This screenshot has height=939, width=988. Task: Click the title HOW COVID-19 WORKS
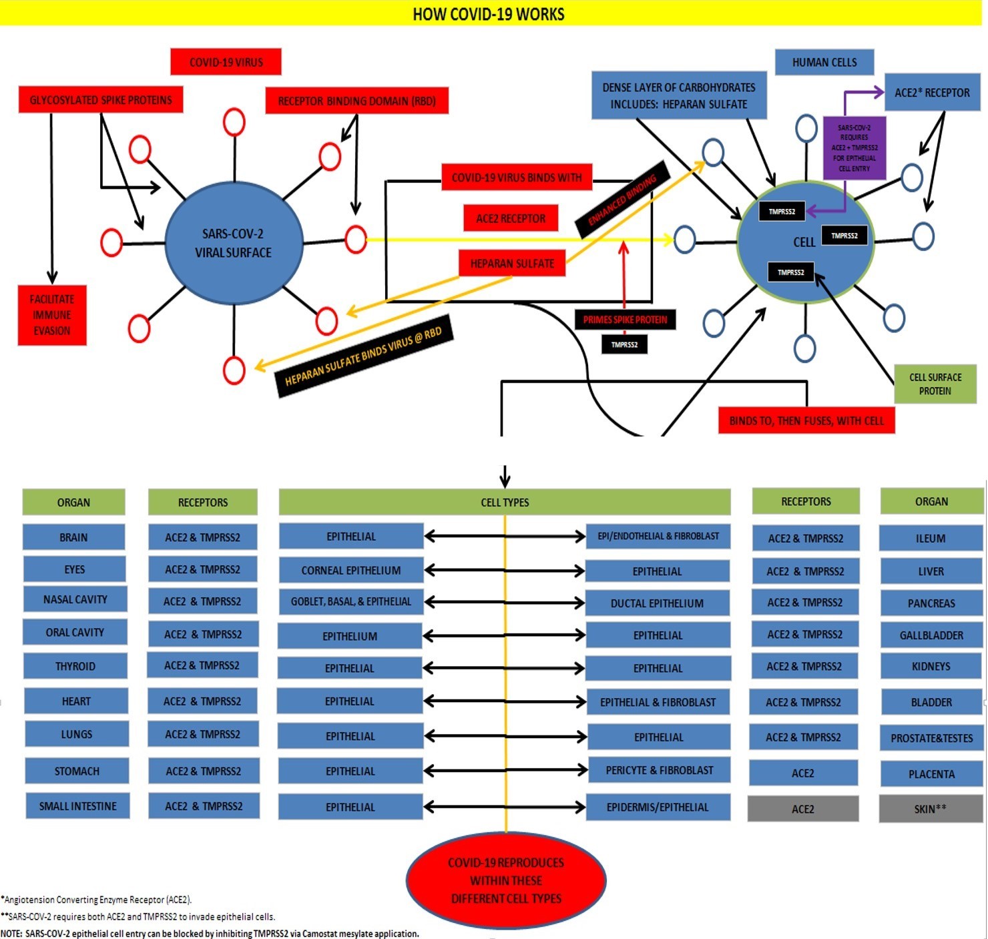[488, 14]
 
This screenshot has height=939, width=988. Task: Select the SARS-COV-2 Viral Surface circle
[233, 243]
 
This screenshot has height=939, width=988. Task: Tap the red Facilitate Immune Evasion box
[52, 315]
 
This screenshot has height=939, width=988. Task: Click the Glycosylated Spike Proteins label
[101, 100]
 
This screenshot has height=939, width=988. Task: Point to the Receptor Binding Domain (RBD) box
[356, 101]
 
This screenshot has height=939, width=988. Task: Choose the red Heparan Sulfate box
[512, 264]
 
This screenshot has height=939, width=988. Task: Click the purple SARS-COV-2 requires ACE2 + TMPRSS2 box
[854, 148]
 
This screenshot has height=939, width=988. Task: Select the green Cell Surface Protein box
[935, 384]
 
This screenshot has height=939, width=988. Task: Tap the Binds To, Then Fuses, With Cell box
[806, 421]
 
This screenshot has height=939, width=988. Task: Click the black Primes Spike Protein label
[625, 320]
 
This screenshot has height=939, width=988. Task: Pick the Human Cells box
[824, 62]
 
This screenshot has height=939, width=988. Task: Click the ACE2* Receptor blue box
[932, 93]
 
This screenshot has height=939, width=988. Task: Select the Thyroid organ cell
[75, 666]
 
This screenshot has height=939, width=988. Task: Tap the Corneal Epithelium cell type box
[351, 571]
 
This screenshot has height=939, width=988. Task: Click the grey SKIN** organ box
[931, 809]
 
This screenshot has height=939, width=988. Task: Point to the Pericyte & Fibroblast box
[659, 770]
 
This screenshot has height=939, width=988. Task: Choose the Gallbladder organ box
[931, 635]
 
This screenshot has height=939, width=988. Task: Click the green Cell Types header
[505, 503]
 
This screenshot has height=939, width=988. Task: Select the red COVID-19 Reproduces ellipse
[506, 880]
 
